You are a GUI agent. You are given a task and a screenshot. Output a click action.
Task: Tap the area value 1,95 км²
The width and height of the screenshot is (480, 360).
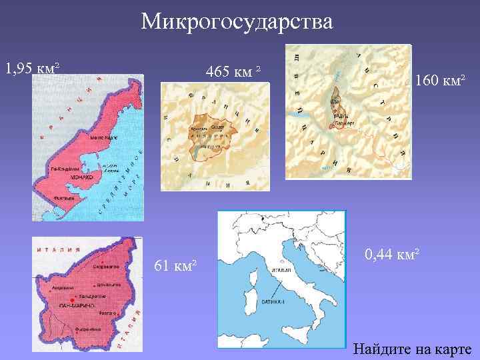33,68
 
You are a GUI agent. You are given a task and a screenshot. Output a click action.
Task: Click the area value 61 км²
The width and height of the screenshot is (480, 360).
175,266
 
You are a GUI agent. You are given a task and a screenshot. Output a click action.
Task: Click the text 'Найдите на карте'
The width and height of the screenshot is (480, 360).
412,349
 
